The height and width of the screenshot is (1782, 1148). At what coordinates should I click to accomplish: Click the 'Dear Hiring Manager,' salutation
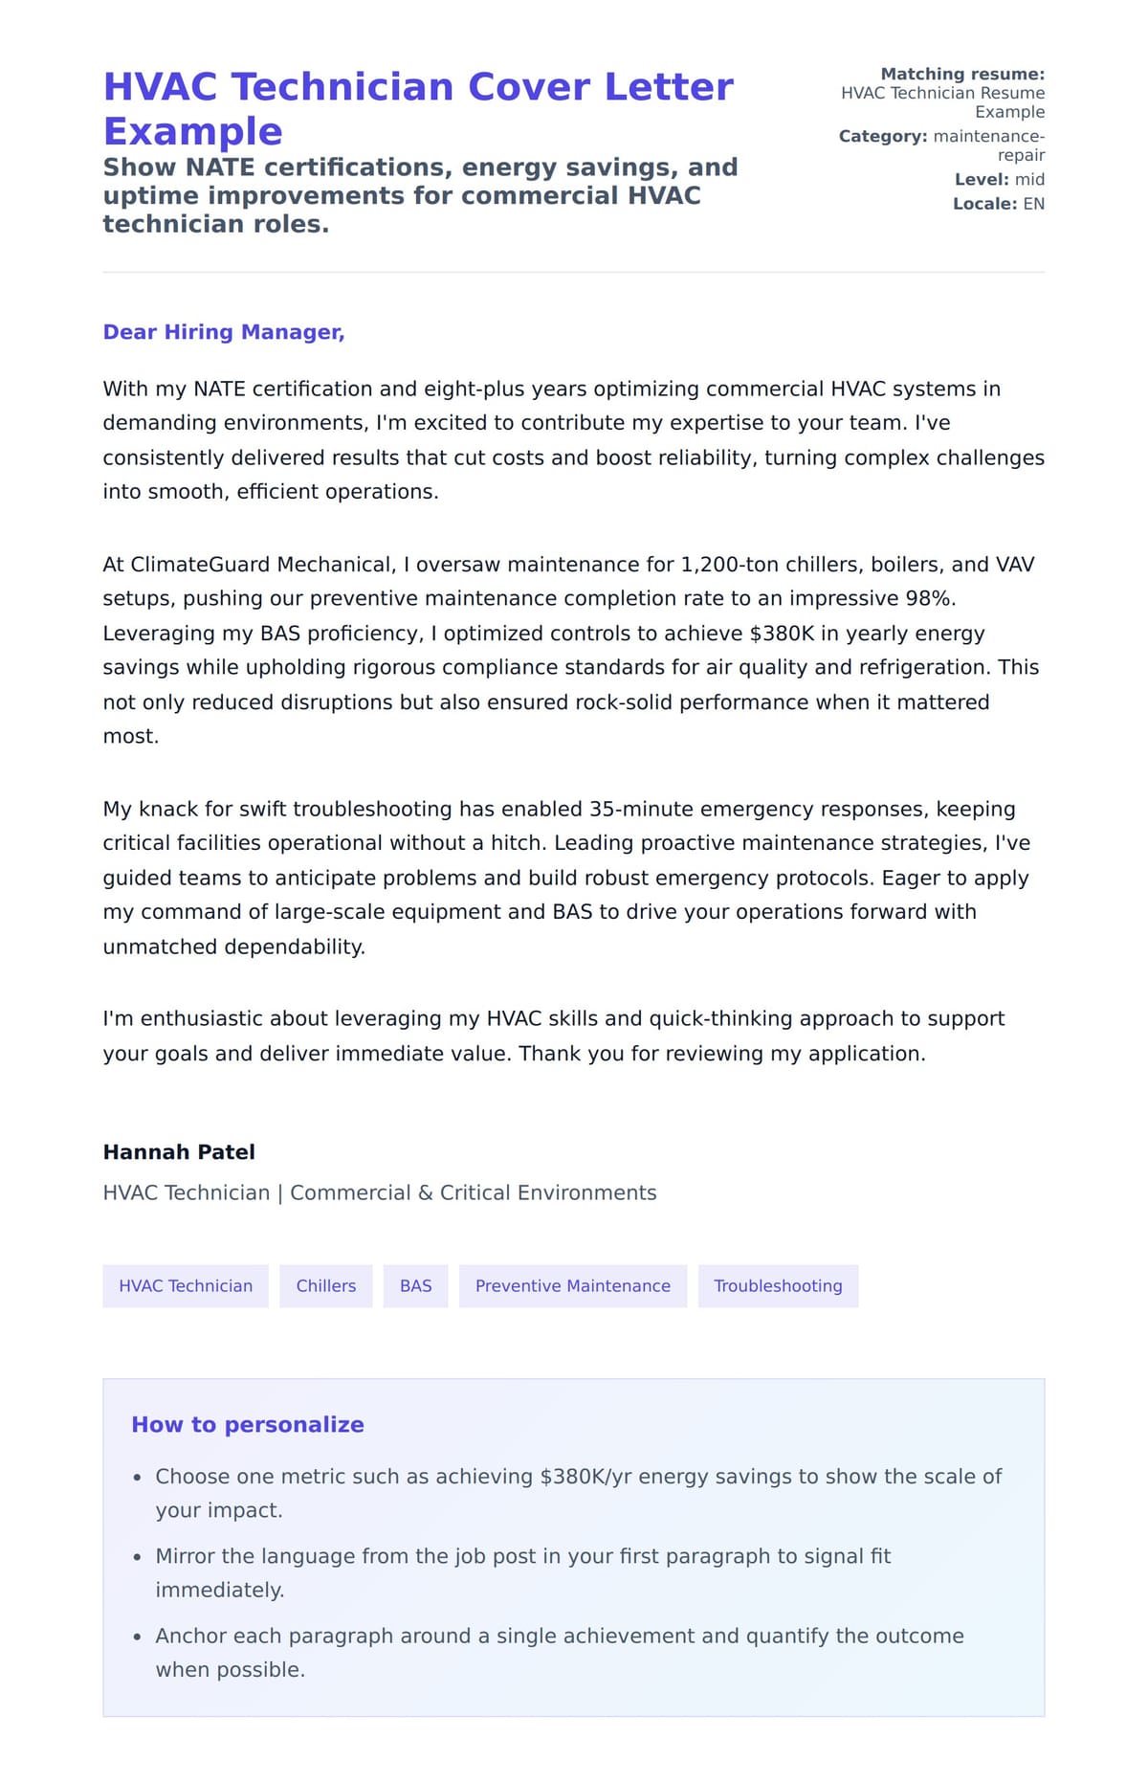(x=224, y=332)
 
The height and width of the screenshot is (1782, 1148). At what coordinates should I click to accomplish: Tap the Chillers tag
(x=325, y=1285)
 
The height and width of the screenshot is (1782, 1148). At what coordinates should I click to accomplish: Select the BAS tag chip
(x=415, y=1285)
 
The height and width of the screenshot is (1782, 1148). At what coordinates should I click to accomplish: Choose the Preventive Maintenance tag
(x=572, y=1285)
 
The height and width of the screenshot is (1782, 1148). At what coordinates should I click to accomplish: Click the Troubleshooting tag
(x=778, y=1285)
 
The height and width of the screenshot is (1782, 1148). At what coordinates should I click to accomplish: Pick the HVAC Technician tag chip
(x=186, y=1285)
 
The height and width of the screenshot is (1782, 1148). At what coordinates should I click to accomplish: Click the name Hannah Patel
(x=179, y=1151)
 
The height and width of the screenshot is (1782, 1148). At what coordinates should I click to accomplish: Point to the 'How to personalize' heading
(x=248, y=1424)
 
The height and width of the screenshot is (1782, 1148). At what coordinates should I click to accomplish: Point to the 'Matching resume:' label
(x=962, y=74)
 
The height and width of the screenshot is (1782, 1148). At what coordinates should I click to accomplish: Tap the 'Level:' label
(x=982, y=179)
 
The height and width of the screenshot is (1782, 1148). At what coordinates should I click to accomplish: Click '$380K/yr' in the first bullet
(x=585, y=1476)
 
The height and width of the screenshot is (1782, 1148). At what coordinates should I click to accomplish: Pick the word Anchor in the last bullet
(x=188, y=1636)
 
